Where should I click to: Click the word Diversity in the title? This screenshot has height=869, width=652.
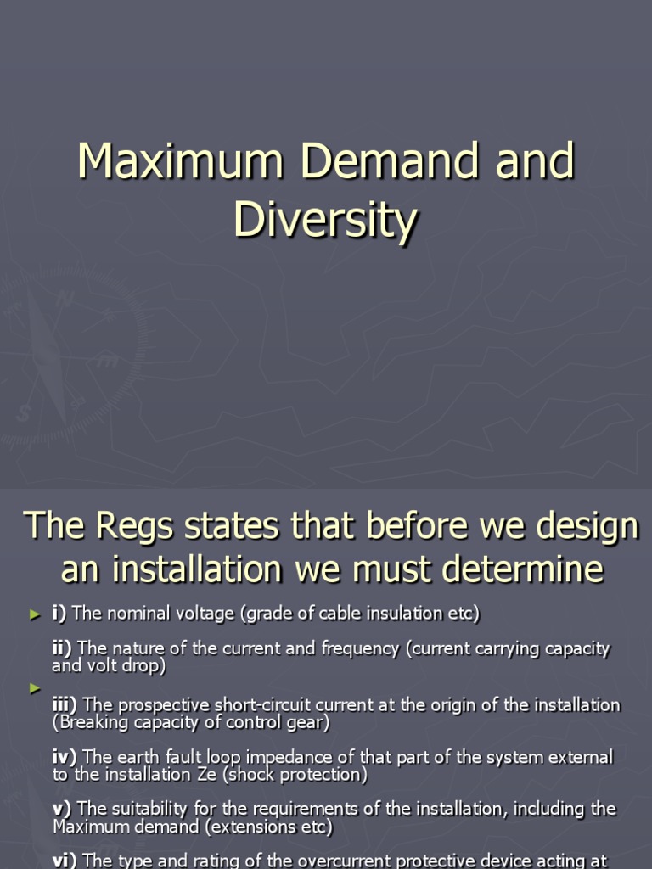coord(325,220)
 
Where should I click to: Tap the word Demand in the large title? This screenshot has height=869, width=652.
coord(385,161)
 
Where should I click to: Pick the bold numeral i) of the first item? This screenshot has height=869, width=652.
coord(59,613)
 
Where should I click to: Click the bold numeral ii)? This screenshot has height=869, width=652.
coord(63,648)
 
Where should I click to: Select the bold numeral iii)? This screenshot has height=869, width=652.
coord(65,704)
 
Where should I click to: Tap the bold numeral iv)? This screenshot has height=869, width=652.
coord(65,756)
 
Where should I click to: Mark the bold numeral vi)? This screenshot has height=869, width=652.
coord(65,861)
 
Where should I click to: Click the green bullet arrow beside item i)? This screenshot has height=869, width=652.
coord(35,614)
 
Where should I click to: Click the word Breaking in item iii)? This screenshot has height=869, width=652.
coord(88,722)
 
